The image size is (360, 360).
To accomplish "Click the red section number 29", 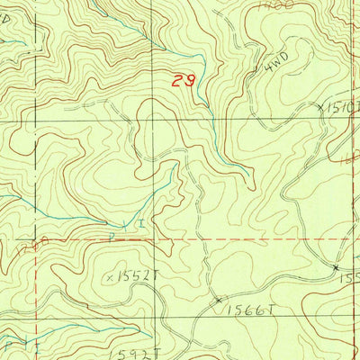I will pos(184,81).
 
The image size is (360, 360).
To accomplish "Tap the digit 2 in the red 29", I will pos(178,81).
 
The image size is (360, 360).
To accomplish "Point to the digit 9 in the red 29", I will pos(190,81).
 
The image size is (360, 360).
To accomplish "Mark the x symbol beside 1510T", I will pos(320,106).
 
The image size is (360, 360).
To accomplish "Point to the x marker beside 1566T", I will pos(218,300).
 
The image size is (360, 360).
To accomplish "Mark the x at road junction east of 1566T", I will pos(335,268).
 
